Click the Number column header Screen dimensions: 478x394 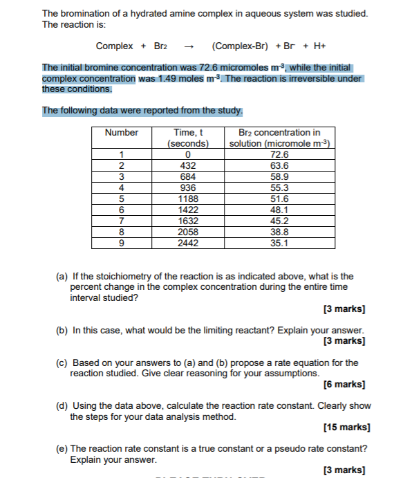[x=121, y=132]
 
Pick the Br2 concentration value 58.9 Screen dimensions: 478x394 [x=279, y=176]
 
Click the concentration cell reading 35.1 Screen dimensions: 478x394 [x=279, y=243]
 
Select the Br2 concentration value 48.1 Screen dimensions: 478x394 [x=279, y=210]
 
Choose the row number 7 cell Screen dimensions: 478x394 [x=121, y=221]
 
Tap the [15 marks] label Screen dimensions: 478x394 [x=344, y=427]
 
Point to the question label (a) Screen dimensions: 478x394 [x=62, y=276]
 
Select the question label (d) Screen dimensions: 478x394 [x=62, y=406]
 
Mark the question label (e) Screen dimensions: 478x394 [x=62, y=448]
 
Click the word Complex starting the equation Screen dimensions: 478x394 [x=114, y=46]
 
